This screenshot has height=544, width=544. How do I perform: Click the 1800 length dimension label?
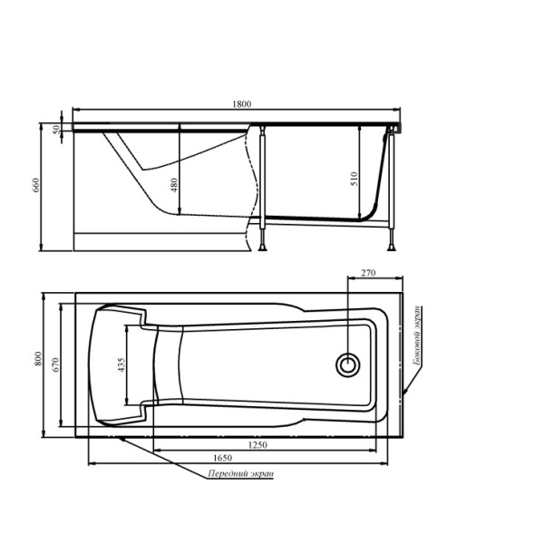(x=241, y=104)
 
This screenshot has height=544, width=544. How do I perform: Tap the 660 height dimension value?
(x=35, y=185)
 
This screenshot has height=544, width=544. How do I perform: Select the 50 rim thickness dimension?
(x=56, y=130)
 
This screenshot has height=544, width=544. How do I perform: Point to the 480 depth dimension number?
(x=174, y=185)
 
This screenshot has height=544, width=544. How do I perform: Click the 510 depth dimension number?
(x=355, y=179)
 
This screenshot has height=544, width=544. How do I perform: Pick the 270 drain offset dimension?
(x=368, y=274)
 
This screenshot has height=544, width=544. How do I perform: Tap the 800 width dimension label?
(x=38, y=358)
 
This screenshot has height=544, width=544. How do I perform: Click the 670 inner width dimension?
(x=56, y=364)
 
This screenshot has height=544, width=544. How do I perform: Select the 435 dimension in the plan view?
(x=121, y=365)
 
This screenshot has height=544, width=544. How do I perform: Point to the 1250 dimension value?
(x=257, y=445)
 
